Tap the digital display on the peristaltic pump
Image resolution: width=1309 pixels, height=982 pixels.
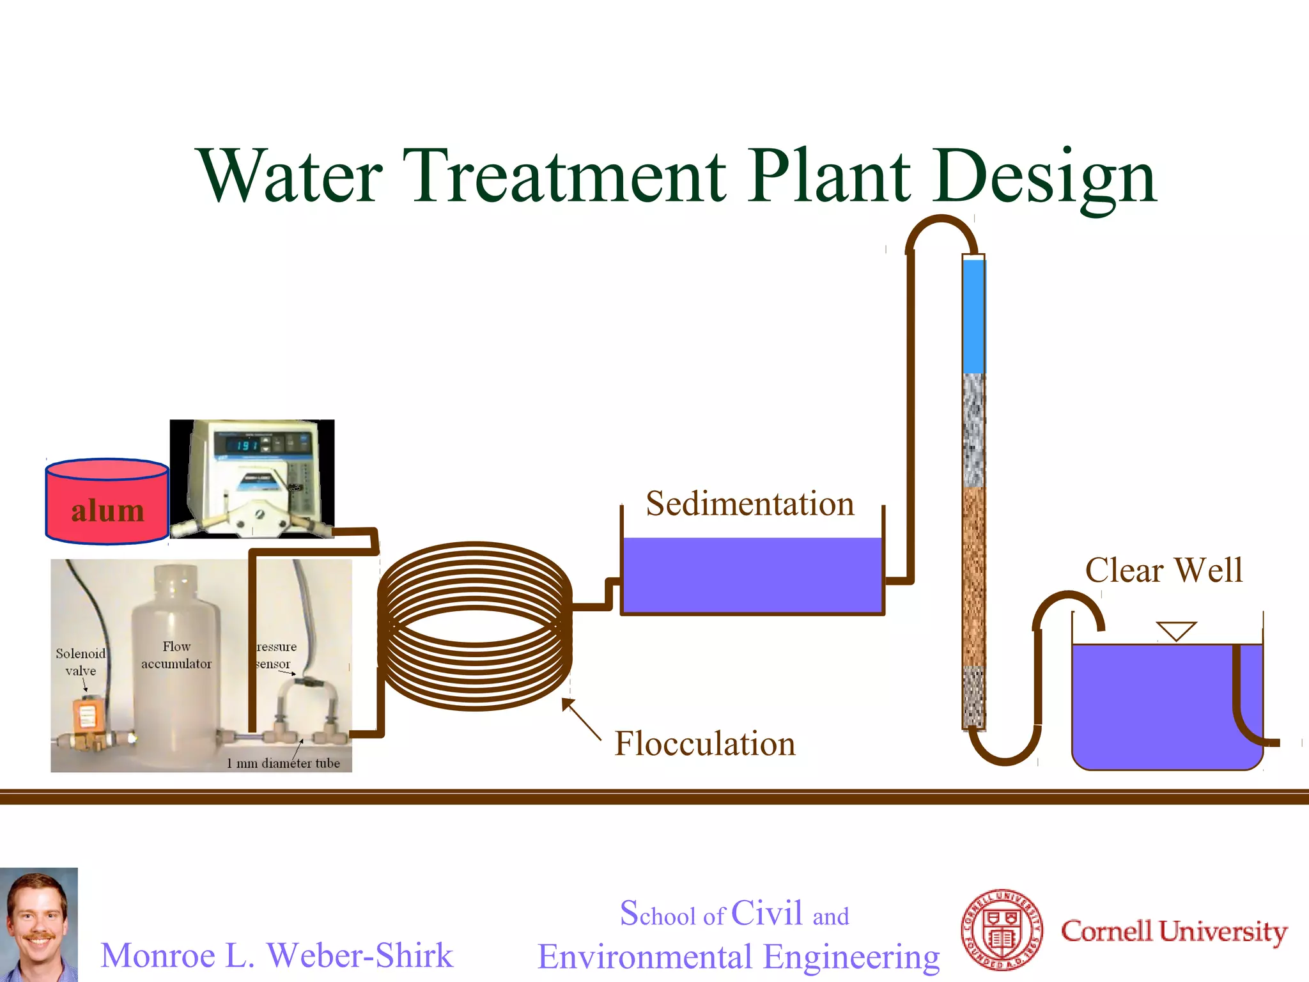pyautogui.click(x=248, y=445)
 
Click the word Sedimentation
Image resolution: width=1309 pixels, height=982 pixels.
pyautogui.click(x=750, y=504)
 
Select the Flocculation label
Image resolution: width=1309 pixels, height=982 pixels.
pyautogui.click(x=705, y=744)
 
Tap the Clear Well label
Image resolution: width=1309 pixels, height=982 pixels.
pyautogui.click(x=1163, y=570)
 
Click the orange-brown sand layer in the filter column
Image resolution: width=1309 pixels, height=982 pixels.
pyautogui.click(x=973, y=575)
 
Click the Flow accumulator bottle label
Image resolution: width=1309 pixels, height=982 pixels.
pyautogui.click(x=176, y=655)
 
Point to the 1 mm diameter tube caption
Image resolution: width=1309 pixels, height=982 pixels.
pyautogui.click(x=283, y=763)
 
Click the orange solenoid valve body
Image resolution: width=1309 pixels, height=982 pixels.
pyautogui.click(x=86, y=715)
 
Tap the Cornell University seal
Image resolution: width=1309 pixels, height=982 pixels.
pyautogui.click(x=1002, y=930)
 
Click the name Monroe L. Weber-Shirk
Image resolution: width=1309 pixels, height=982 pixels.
pyautogui.click(x=277, y=955)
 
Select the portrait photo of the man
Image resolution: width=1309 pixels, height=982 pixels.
pyautogui.click(x=38, y=924)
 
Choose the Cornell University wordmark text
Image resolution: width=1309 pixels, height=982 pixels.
pyautogui.click(x=1173, y=931)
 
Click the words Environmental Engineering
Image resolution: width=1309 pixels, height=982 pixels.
pyautogui.click(x=738, y=956)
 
